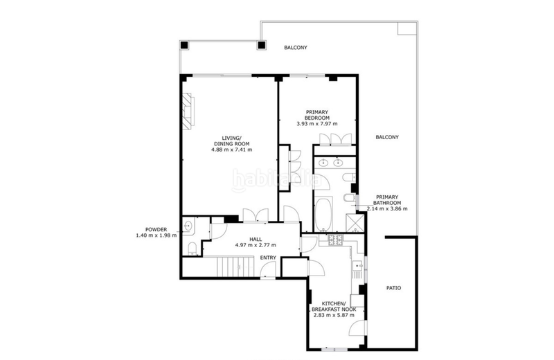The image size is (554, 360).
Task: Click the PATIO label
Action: [393, 288]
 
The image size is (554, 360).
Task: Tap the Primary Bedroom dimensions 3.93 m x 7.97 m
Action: [317, 124]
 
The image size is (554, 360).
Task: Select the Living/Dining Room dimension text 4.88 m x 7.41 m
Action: [232, 150]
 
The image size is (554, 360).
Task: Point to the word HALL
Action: [256, 239]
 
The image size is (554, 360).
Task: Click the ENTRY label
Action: [268, 258]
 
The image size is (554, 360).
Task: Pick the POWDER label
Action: [157, 230]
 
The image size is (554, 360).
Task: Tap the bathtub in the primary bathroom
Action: [323, 214]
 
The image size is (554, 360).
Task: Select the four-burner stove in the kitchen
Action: [335, 240]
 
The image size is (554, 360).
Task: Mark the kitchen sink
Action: [358, 269]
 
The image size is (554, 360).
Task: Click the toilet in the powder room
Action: [193, 248]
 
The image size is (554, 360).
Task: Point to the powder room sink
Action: [188, 225]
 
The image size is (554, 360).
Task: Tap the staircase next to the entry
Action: [235, 267]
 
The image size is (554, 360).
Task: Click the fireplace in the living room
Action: [188, 110]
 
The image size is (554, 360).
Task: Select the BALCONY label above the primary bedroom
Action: [296, 47]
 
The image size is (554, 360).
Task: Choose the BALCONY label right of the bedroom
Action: [387, 137]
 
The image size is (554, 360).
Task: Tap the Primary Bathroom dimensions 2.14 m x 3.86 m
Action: [387, 209]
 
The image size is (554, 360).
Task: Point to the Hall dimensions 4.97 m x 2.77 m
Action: [256, 245]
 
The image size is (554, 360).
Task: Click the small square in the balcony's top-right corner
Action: [408, 28]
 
